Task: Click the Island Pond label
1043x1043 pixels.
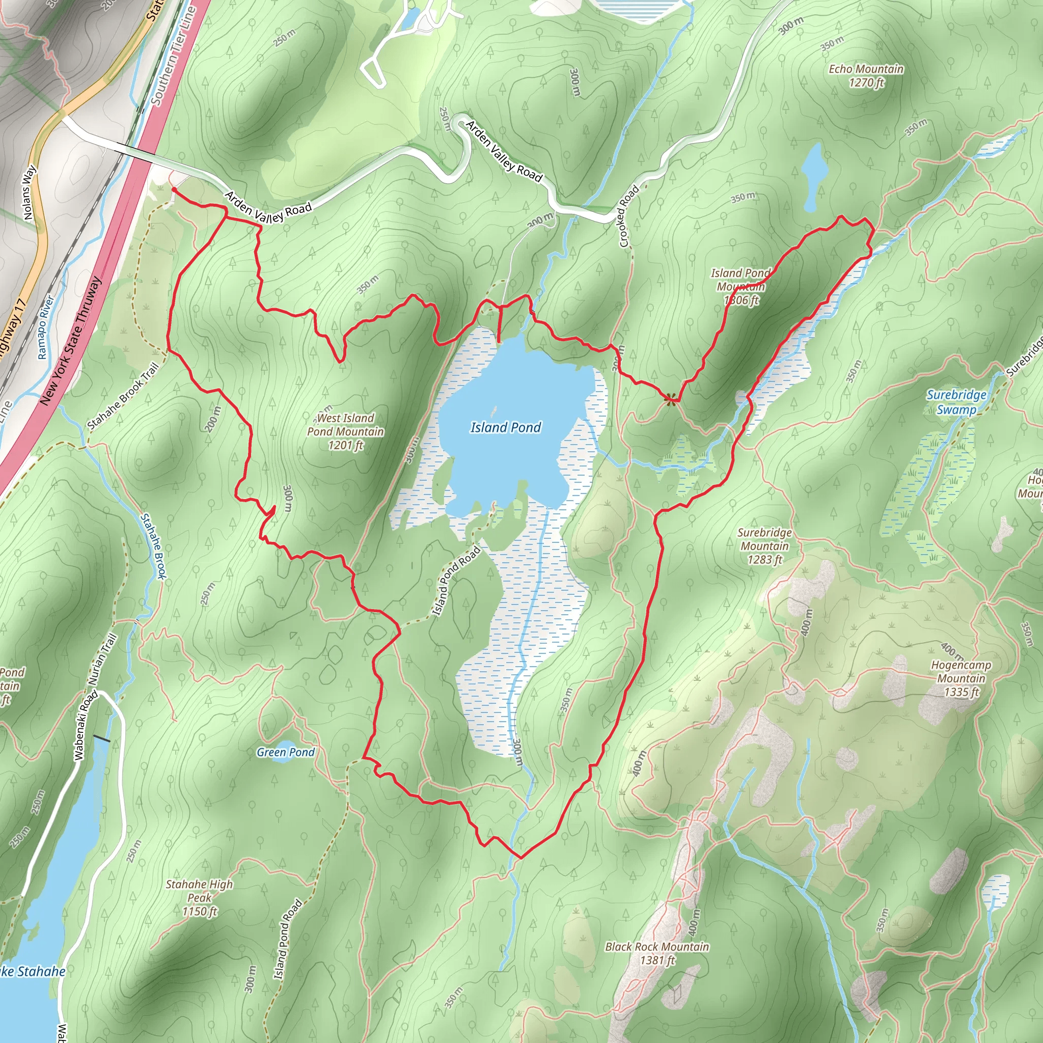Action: coord(505,428)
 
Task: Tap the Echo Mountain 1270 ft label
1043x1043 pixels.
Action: coord(866,75)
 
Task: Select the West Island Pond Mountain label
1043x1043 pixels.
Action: coord(345,431)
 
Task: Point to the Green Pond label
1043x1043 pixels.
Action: coord(286,752)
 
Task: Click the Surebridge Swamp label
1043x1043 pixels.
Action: coord(956,402)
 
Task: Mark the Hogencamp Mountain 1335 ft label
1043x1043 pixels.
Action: coord(961,678)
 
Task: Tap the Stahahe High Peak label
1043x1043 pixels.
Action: coord(199,897)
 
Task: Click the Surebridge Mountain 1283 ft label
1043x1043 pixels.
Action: coord(764,546)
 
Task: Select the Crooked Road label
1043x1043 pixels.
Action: coord(629,216)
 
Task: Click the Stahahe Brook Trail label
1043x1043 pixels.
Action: coord(123,397)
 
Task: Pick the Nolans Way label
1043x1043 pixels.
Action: coord(30,193)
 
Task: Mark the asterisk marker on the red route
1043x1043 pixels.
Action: coord(670,399)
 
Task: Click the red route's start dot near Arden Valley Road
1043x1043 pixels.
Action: coord(174,189)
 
